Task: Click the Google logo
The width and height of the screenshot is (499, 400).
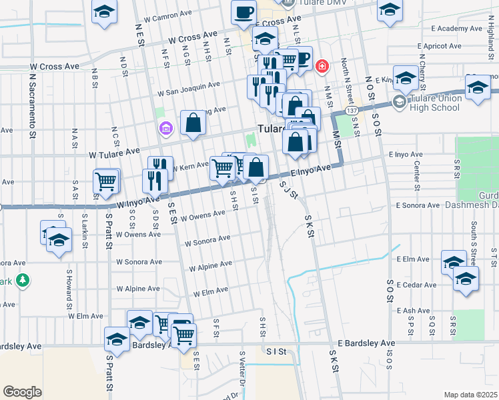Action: click(x=22, y=392)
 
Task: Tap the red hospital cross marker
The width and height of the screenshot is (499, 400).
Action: click(x=322, y=66)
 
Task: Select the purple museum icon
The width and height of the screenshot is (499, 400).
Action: click(x=163, y=127)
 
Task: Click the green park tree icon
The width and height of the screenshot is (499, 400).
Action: click(x=22, y=280)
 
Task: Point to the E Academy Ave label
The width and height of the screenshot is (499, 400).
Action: click(x=456, y=29)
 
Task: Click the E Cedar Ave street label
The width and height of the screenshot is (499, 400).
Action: click(x=416, y=285)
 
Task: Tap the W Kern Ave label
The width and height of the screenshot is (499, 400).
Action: click(x=190, y=165)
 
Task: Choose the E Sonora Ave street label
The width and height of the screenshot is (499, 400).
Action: click(x=417, y=206)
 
